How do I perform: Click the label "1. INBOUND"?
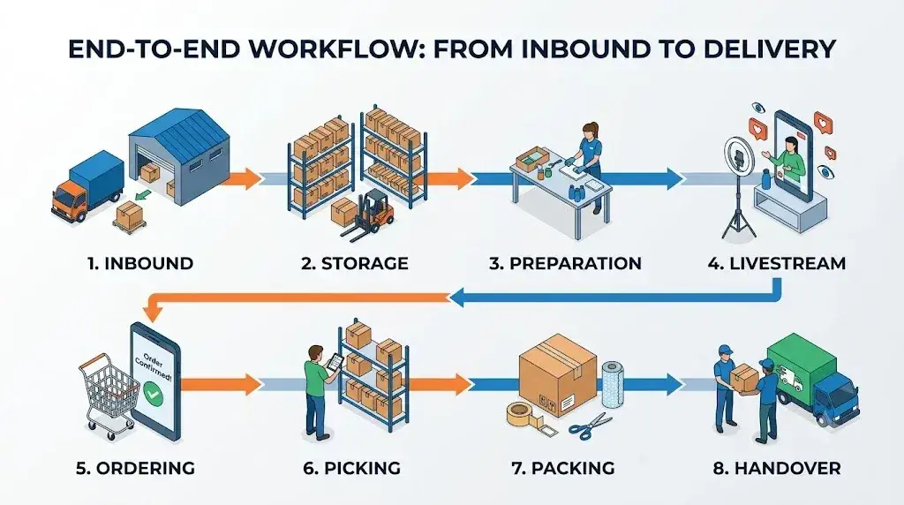140,263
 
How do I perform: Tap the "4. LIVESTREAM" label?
777,263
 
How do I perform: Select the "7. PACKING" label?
562,468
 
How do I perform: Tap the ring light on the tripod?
740,155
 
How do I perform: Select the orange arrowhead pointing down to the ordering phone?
152,312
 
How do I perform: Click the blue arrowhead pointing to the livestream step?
673,178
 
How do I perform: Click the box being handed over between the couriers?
744,375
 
